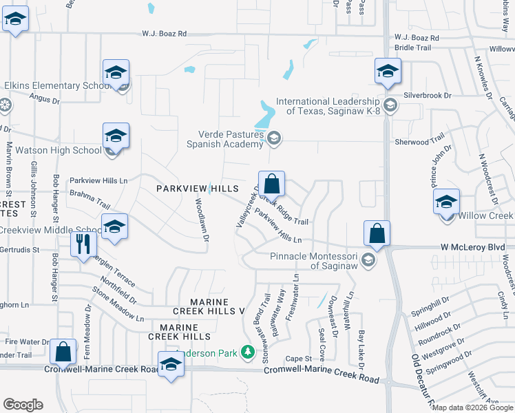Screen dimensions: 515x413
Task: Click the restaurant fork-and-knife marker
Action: click(83, 244)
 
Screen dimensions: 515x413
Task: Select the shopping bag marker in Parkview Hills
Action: click(272, 184)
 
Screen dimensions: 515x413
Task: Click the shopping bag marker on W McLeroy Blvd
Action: click(377, 233)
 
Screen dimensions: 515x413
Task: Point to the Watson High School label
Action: click(59, 150)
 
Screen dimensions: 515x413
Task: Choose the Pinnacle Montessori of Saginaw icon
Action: click(369, 259)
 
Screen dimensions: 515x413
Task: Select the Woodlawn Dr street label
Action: click(201, 220)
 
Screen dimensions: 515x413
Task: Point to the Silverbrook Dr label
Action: click(427, 96)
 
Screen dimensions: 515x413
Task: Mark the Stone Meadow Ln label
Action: click(118, 308)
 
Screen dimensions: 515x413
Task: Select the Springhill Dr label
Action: click(430, 309)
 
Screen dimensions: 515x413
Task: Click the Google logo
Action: click(23, 405)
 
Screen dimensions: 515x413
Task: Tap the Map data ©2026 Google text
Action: click(472, 407)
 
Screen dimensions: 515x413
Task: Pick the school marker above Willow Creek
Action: click(446, 202)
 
